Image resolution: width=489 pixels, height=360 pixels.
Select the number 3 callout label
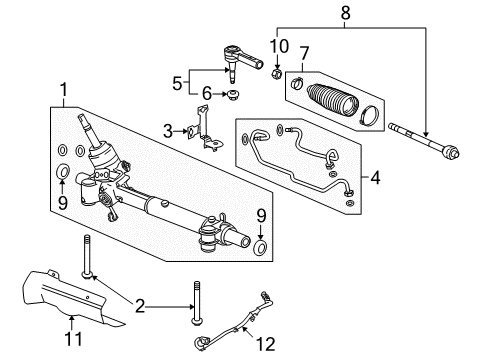click(x=168, y=131)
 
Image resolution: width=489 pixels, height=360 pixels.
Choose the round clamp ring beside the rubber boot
click(x=367, y=112)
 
